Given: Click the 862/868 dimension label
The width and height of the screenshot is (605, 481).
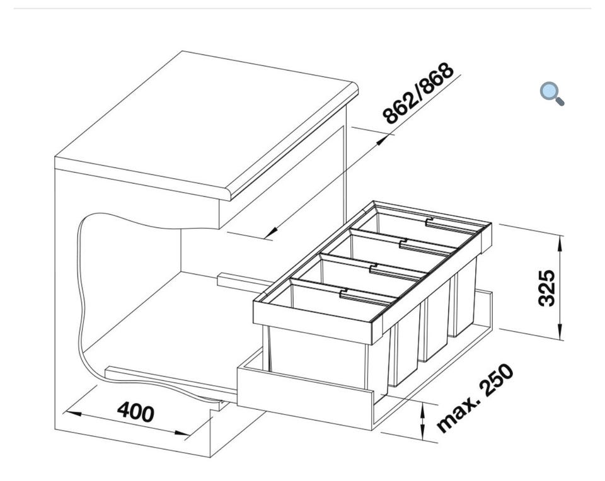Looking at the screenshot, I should [x=418, y=93].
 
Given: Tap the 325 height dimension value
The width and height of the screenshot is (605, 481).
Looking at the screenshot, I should [x=547, y=288].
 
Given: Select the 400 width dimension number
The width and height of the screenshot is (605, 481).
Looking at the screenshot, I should [x=135, y=412].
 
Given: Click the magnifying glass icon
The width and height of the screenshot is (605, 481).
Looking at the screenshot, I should [x=551, y=94].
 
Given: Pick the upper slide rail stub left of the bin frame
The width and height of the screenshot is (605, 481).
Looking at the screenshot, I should [x=237, y=278].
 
